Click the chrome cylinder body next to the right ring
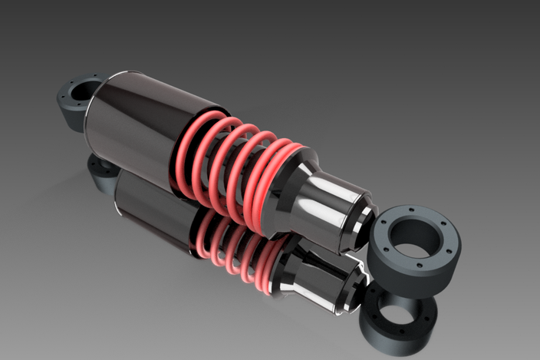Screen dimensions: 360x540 tap(337, 211)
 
